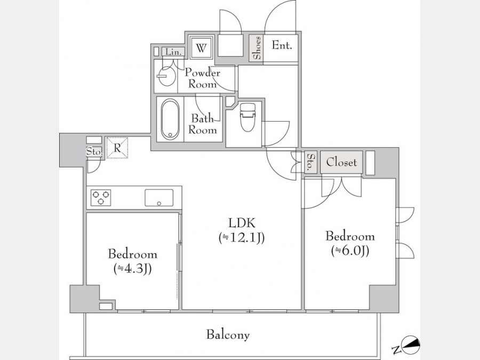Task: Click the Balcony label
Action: [x=228, y=334]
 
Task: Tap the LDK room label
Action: [x=242, y=223]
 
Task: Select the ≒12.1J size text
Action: [x=242, y=238]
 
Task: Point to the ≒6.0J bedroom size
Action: [x=350, y=251]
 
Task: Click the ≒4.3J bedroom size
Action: [x=133, y=269]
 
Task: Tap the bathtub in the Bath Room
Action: [x=170, y=119]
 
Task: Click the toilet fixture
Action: [x=247, y=117]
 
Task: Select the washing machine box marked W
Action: [x=201, y=48]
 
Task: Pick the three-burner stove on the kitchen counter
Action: [x=101, y=198]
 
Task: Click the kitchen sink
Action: [x=159, y=198]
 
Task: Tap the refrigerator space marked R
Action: [x=117, y=148]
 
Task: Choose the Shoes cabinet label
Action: [x=257, y=48]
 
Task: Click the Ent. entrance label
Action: [x=282, y=46]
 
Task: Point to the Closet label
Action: [x=341, y=162]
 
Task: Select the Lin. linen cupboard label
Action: [x=173, y=52]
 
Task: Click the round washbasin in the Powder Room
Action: [x=166, y=76]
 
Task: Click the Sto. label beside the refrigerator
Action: [x=94, y=151]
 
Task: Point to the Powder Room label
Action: [x=202, y=78]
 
